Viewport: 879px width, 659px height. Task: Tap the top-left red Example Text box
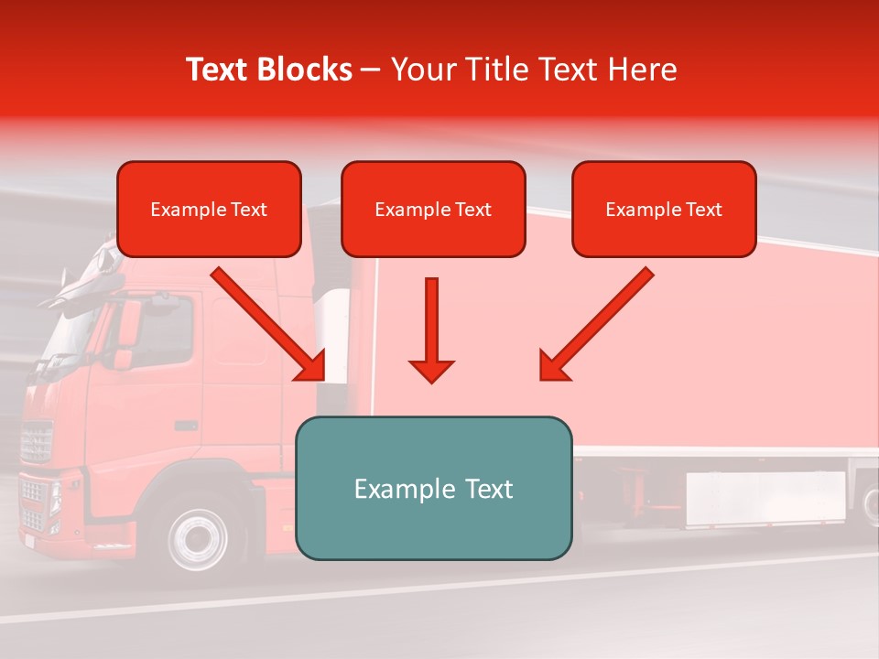(x=209, y=210)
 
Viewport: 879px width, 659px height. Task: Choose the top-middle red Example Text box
(x=433, y=210)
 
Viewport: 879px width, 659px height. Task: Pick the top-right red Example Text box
(x=664, y=210)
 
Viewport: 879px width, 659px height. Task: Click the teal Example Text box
(x=433, y=489)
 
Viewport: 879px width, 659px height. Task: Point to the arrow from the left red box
(x=271, y=326)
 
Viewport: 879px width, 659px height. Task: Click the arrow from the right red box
(x=595, y=326)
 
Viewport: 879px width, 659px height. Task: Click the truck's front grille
(x=37, y=442)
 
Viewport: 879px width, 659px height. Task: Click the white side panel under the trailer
(x=765, y=498)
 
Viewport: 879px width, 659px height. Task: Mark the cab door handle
(x=186, y=426)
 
